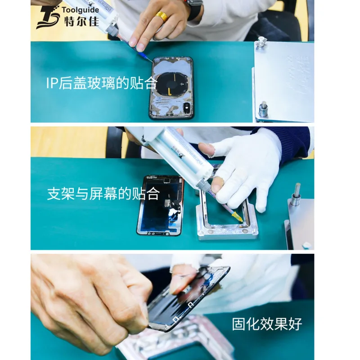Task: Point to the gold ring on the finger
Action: (x=162, y=17)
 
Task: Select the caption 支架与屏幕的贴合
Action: (x=103, y=193)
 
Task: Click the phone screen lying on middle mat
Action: (x=160, y=205)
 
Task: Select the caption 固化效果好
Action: (x=267, y=324)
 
